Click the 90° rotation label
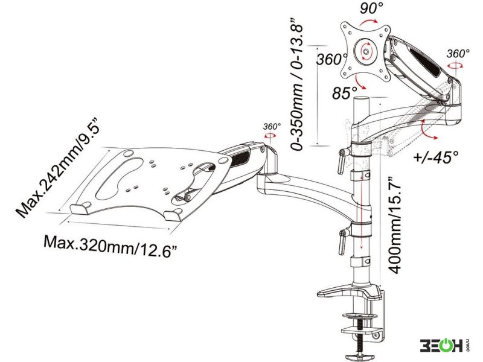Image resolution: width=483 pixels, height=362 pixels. point(371,8)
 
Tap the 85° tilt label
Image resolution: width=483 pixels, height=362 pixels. point(344,93)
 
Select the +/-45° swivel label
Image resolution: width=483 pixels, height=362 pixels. point(436,156)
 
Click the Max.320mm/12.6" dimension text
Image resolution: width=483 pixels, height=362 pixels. point(112,246)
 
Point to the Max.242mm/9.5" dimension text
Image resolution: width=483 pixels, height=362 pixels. point(58,167)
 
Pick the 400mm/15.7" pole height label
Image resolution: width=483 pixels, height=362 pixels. point(395,225)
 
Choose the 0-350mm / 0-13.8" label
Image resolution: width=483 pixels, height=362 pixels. point(297,83)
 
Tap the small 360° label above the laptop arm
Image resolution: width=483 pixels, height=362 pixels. point(272,126)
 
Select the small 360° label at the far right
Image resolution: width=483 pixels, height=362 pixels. point(458,53)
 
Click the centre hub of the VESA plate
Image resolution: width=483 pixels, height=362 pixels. point(366,51)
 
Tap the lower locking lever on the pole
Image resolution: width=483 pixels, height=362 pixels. point(342,241)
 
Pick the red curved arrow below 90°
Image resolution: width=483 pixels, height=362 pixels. point(369,22)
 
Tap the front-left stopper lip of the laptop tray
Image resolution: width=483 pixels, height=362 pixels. point(80,209)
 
